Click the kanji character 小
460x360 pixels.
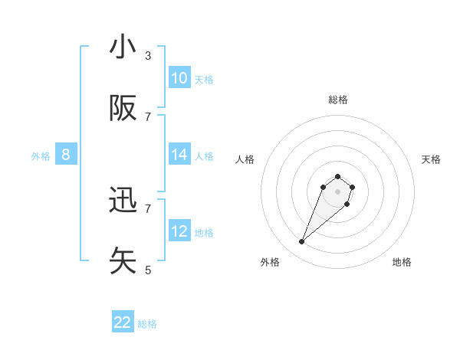click(123, 47)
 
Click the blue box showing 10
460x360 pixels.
click(179, 78)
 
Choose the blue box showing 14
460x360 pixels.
click(179, 155)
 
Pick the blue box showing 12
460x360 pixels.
click(179, 231)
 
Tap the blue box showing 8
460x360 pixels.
click(65, 155)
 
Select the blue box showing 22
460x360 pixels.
click(123, 322)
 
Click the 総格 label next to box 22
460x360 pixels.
click(147, 324)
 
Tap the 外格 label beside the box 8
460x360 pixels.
click(41, 156)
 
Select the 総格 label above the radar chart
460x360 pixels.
click(338, 100)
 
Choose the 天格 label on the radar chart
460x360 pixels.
click(431, 159)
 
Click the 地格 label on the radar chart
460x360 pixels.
click(402, 262)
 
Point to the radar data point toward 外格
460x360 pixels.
click(302, 242)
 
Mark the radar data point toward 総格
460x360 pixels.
click(338, 173)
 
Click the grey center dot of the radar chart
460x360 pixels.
click(338, 191)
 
